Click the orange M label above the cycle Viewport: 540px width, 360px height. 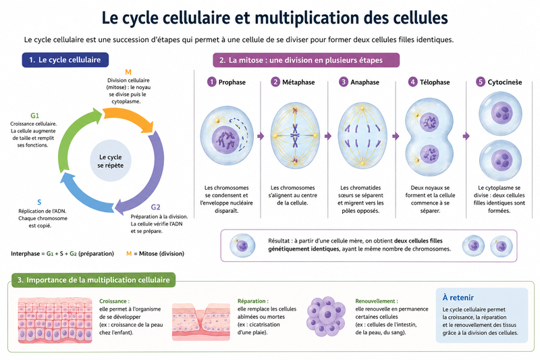(128, 72)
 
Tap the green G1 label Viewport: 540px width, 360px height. (35, 115)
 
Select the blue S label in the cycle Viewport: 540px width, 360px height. (39, 202)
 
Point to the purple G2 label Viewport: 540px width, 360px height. (155, 207)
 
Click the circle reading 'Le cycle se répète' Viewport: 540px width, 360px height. (110, 161)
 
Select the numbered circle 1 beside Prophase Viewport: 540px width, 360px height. (211, 82)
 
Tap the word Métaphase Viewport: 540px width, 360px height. (298, 82)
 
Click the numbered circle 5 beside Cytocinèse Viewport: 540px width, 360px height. (481, 82)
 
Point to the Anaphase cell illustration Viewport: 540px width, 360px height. (362, 136)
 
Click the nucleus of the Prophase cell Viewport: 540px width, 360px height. (225, 140)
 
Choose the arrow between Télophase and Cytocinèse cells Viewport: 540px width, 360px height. (466, 136)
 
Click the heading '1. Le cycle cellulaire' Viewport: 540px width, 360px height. (65, 59)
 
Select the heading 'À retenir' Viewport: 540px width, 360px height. (458, 298)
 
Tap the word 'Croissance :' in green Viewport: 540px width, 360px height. (114, 301)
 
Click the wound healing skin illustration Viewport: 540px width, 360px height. (201, 322)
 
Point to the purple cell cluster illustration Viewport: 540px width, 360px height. (326, 316)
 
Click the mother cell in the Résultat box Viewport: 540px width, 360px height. (242, 246)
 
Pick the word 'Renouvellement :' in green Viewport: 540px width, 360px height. (377, 301)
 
